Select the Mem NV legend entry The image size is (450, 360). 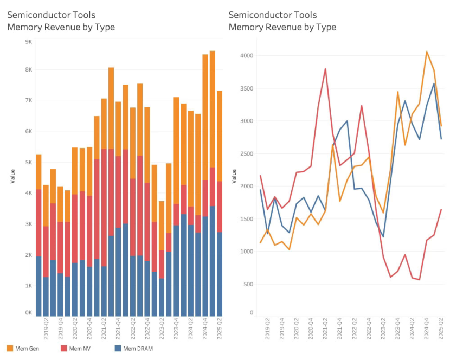[x=80, y=349]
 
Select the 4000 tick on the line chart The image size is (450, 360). [x=248, y=56]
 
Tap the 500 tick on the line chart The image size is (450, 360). [x=249, y=284]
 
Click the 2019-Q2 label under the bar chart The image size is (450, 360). [x=46, y=329]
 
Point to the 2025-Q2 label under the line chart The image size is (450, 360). [x=441, y=329]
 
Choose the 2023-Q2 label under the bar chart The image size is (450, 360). [x=162, y=329]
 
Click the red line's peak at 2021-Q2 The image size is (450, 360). [x=325, y=69]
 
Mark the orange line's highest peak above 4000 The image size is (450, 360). [x=426, y=52]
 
